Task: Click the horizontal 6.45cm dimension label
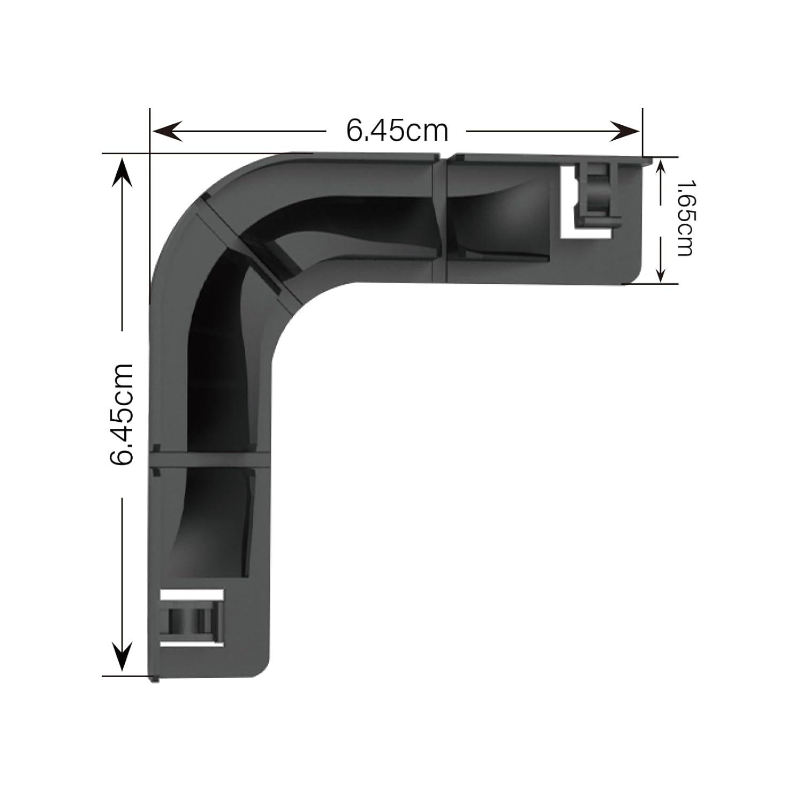click(397, 130)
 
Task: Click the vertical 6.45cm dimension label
click(122, 414)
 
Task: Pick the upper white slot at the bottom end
click(191, 595)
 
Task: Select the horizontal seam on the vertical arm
click(209, 459)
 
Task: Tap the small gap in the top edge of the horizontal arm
click(443, 157)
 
